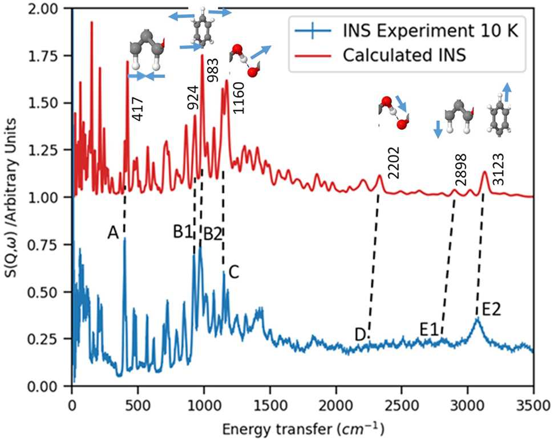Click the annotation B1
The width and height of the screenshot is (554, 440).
pyautogui.click(x=184, y=232)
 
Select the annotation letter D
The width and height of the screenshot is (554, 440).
pyautogui.click(x=360, y=335)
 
